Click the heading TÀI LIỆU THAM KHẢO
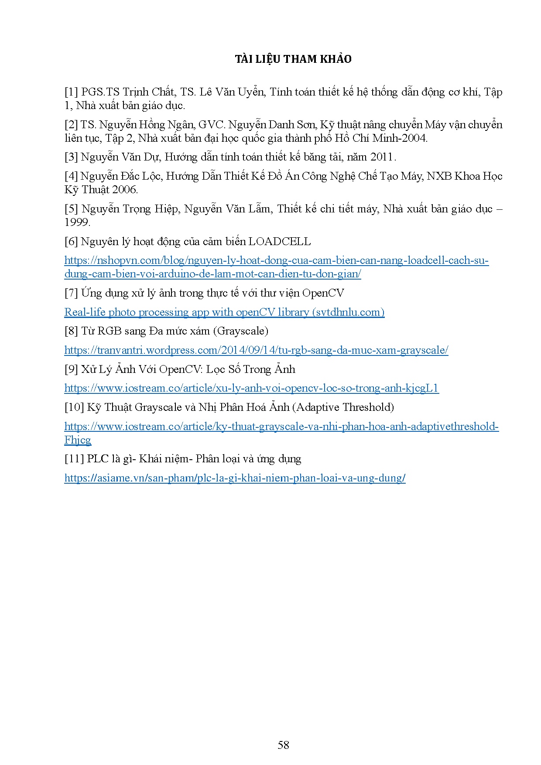(293, 59)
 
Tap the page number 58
(283, 745)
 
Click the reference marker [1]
(71, 92)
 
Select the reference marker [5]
(71, 209)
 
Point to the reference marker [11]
(74, 459)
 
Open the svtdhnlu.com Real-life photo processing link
(224, 312)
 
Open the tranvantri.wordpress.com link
(256, 350)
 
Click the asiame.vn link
(235, 478)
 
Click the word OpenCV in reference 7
(323, 293)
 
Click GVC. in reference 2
(212, 125)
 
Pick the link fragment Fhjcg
(78, 440)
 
